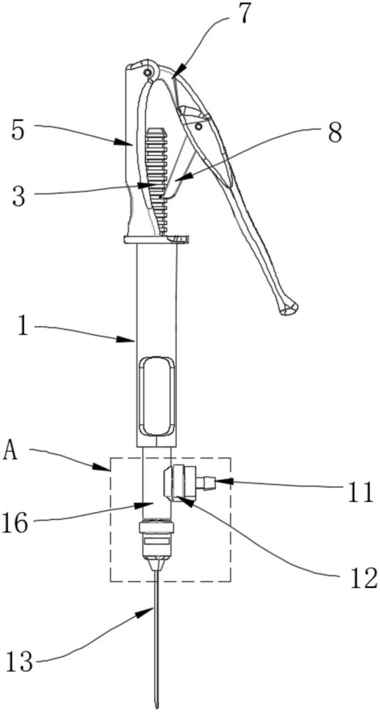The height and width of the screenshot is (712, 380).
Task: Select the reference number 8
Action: (x=334, y=132)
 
